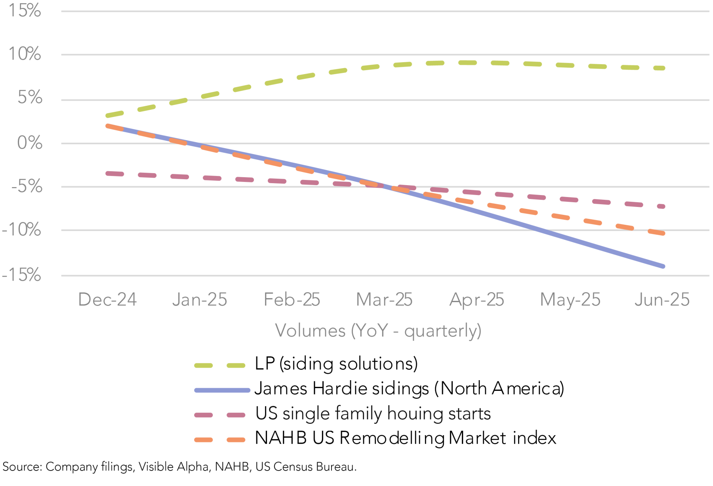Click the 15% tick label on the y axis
(x=25, y=11)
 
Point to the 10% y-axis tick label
(x=25, y=54)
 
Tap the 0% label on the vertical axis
(x=30, y=143)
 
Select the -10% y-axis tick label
(x=21, y=230)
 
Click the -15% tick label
(x=21, y=275)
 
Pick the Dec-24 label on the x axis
(x=107, y=300)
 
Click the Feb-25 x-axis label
(x=292, y=300)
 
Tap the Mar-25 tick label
(x=384, y=300)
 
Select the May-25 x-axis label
(x=570, y=300)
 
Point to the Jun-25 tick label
(x=662, y=300)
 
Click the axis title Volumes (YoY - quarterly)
(x=378, y=331)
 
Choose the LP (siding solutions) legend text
(x=336, y=364)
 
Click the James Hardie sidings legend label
(x=409, y=388)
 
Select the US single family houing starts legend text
(x=373, y=413)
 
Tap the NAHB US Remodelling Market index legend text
(x=406, y=438)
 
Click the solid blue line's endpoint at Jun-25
(x=663, y=266)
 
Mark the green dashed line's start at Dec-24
(x=107, y=116)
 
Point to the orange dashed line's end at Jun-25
(x=663, y=233)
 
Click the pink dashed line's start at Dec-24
(x=107, y=173)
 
